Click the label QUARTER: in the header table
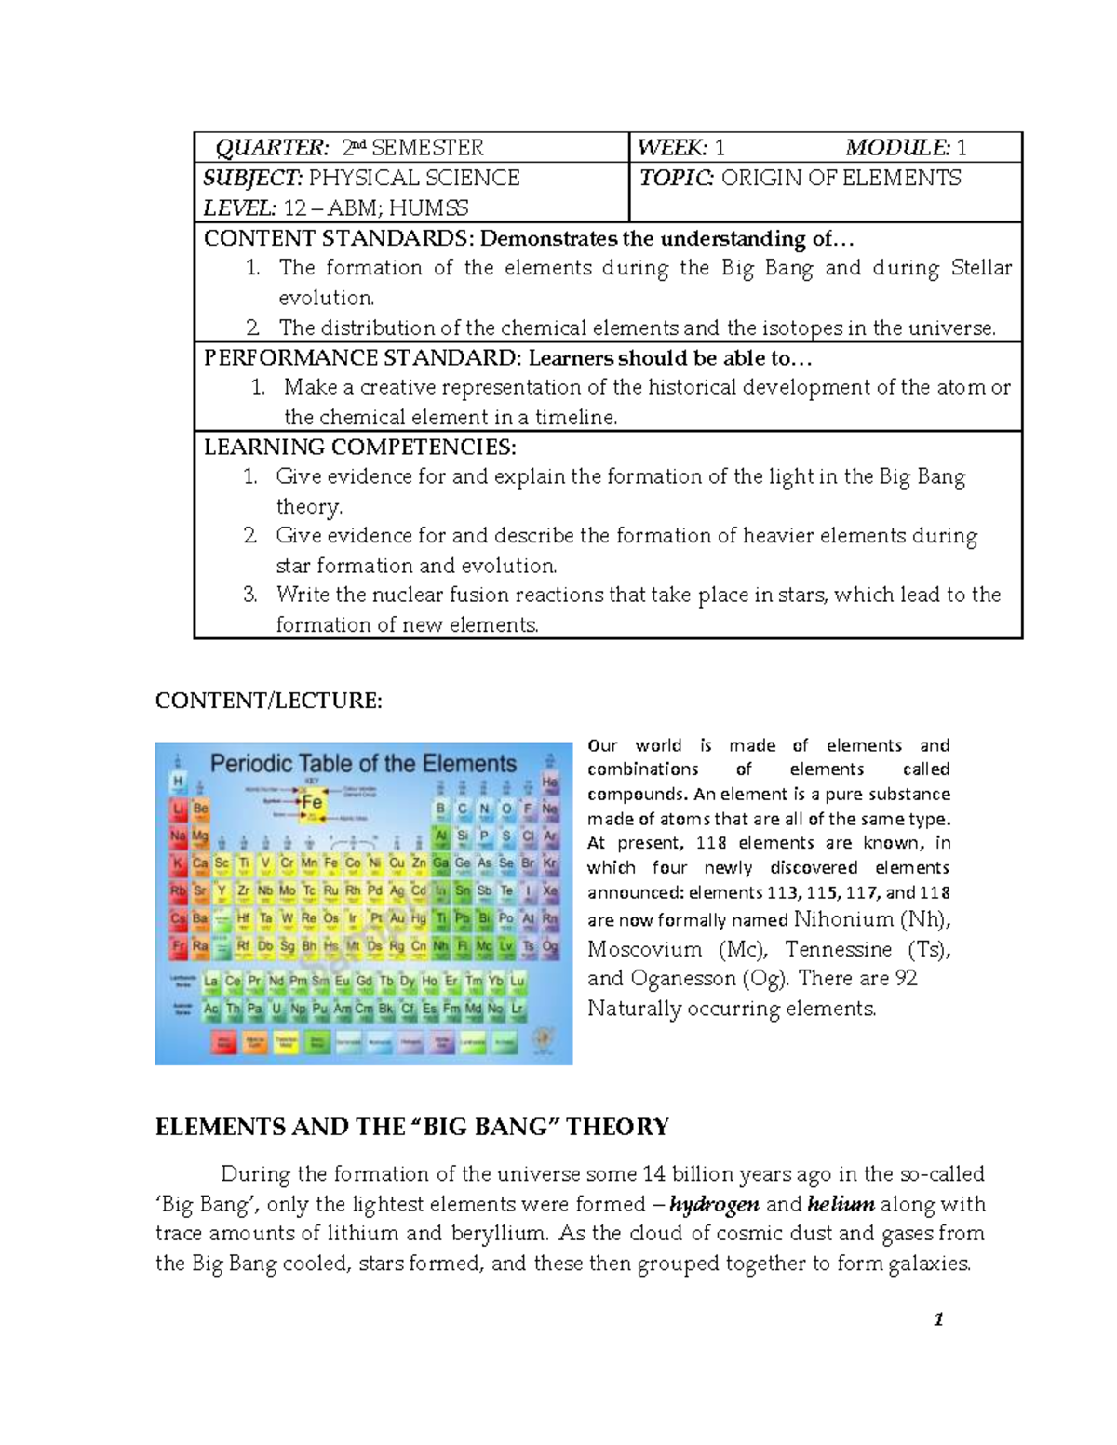click(x=272, y=148)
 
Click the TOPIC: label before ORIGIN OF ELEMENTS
click(x=676, y=178)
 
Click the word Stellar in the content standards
click(x=980, y=268)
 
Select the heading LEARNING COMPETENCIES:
click(x=359, y=448)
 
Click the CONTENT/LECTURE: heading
click(x=268, y=701)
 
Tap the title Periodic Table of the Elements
click(x=363, y=764)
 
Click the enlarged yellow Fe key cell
click(x=312, y=802)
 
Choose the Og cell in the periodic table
click(x=550, y=946)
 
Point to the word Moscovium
click(x=644, y=950)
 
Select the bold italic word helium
click(x=841, y=1204)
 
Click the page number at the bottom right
click(x=938, y=1319)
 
